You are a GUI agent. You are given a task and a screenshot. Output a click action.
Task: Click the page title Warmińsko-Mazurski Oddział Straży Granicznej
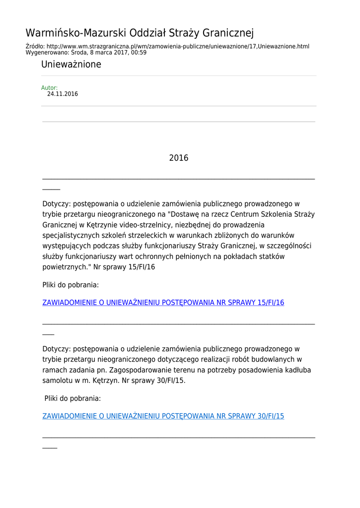[x=140, y=33]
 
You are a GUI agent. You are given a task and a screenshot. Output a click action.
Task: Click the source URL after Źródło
[x=178, y=46]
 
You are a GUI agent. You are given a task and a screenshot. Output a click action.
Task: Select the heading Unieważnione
[x=71, y=64]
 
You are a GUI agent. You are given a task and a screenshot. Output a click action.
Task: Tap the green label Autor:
[x=49, y=88]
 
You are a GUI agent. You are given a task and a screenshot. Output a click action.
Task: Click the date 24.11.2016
[x=63, y=94]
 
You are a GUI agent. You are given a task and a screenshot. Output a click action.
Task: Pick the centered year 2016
[x=179, y=158]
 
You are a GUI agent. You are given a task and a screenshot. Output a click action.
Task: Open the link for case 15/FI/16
[x=163, y=303]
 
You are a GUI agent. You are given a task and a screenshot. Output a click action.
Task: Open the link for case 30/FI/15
[x=163, y=416]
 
